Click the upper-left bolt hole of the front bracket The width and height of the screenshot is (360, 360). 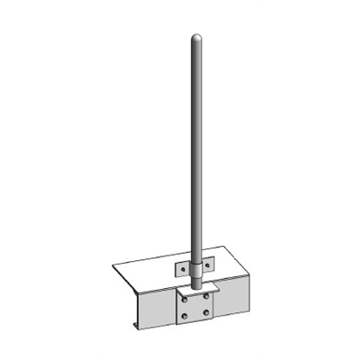[184, 296]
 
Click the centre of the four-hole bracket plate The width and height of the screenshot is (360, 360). [195, 305]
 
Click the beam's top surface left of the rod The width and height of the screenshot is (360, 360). [153, 274]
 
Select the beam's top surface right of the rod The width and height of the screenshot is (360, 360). [229, 270]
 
